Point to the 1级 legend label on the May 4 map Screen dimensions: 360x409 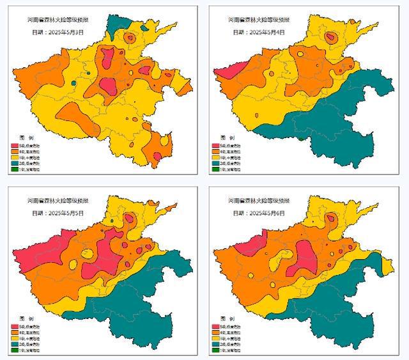click(233, 169)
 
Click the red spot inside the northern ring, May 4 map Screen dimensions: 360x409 click(329, 38)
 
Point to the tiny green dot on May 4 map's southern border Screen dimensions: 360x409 click(300, 138)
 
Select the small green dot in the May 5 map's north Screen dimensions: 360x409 click(111, 221)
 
